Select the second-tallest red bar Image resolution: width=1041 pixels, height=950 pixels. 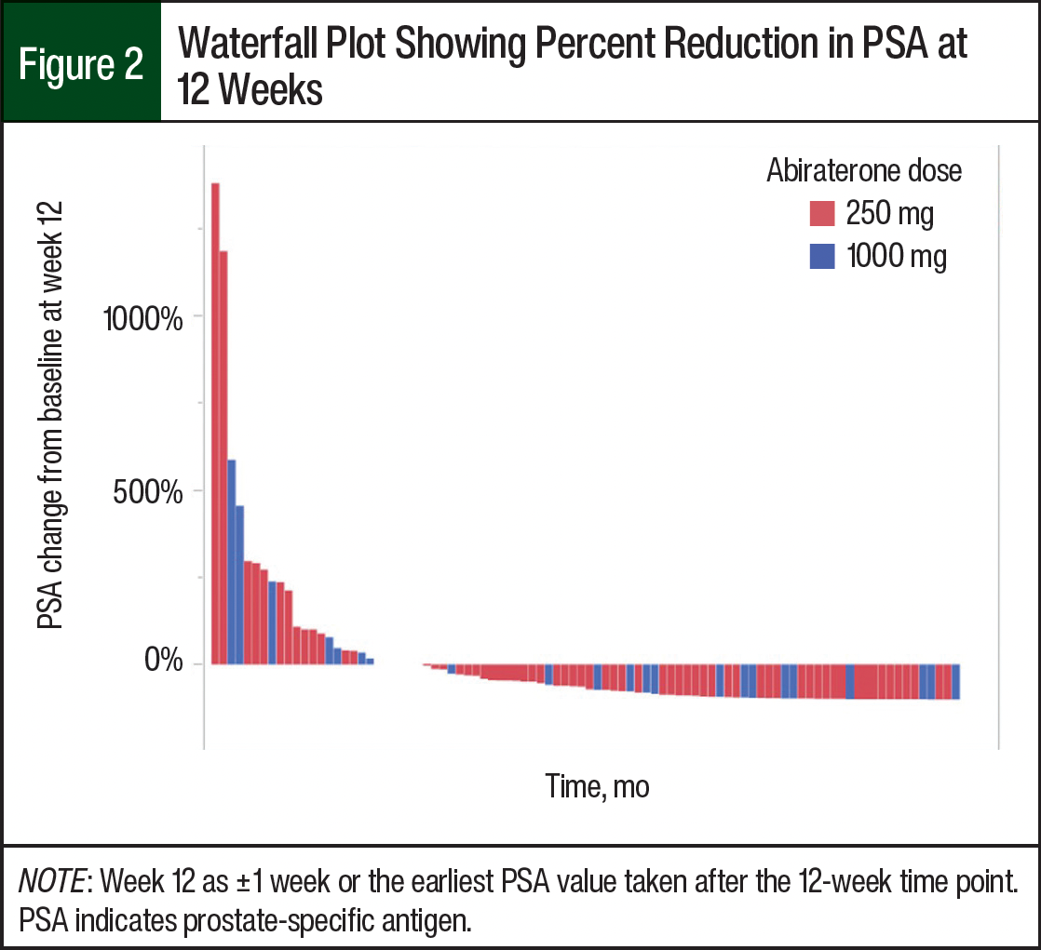click(223, 457)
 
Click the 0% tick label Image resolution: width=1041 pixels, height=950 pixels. click(166, 663)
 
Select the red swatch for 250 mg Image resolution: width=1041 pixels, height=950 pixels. click(822, 214)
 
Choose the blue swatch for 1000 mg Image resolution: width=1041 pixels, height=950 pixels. click(822, 256)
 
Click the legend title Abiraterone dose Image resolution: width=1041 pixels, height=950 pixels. click(864, 171)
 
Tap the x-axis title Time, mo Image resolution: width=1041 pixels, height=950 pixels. click(597, 786)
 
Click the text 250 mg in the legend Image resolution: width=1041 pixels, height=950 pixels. click(889, 214)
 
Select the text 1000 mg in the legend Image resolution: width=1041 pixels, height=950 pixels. click(897, 256)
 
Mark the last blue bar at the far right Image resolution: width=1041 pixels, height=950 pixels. click(955, 681)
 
